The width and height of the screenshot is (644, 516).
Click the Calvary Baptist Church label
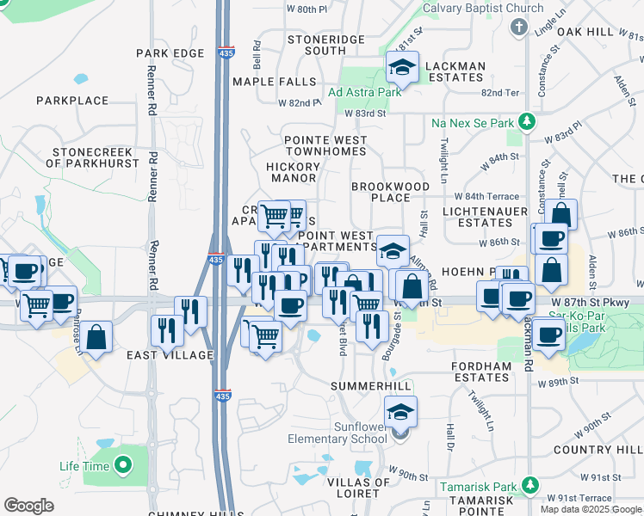(x=483, y=9)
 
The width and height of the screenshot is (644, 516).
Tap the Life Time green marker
(x=122, y=466)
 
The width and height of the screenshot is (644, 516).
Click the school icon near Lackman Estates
(x=401, y=66)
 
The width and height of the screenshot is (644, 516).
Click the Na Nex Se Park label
(x=473, y=123)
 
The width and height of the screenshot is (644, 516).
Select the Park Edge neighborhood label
(x=170, y=53)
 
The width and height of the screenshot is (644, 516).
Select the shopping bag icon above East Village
(x=97, y=337)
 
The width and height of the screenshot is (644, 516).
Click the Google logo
(x=28, y=505)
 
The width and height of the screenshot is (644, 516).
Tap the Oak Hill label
(x=585, y=32)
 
